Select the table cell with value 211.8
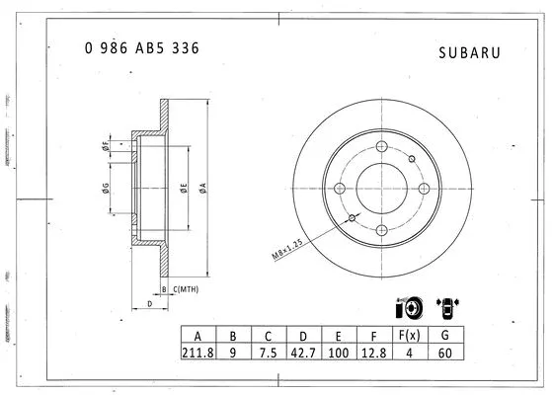pos(197,351)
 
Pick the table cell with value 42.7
pos(303,351)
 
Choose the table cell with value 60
pos(446,351)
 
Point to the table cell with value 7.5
pos(268,351)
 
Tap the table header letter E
pos(339,334)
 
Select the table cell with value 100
pos(339,351)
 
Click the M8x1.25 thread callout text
pos(285,242)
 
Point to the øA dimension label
pos(201,187)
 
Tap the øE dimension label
pos(184,187)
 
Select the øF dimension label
pos(106,147)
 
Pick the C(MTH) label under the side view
pos(187,289)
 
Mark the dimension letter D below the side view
pos(149,305)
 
